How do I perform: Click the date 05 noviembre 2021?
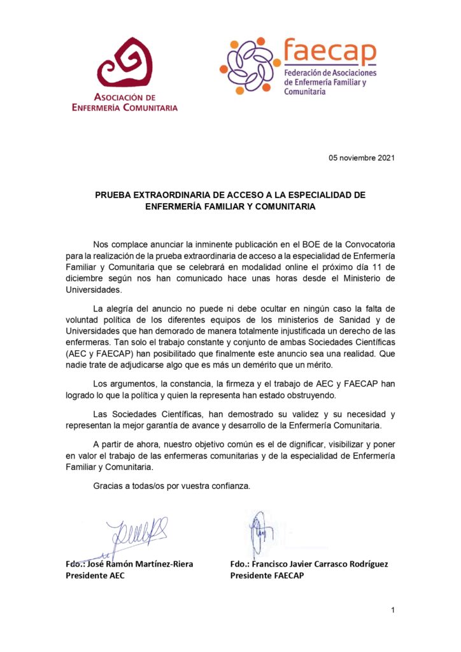[362, 158]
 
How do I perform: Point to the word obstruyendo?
[311, 394]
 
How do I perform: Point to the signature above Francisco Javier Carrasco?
[259, 534]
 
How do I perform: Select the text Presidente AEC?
[95, 575]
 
